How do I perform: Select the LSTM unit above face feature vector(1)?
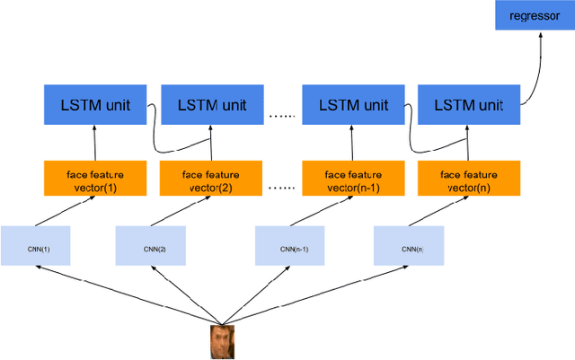point(94,105)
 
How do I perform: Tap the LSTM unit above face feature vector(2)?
point(210,105)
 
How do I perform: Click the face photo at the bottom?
point(220,342)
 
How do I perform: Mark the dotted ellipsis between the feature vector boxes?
point(281,189)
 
